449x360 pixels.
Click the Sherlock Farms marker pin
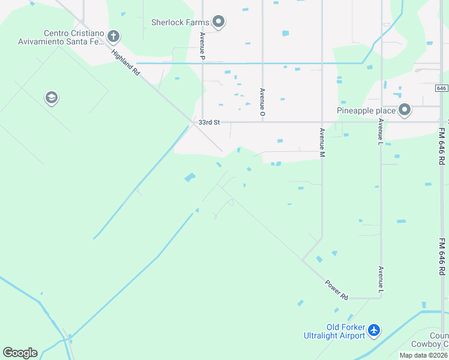[218, 23]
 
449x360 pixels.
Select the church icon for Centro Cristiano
[113, 37]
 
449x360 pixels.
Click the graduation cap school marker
[52, 98]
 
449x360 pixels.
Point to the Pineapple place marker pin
[405, 110]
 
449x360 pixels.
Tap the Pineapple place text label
[366, 110]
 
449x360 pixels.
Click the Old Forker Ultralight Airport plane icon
[374, 330]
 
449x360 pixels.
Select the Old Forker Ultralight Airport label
[345, 331]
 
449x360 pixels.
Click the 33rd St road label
[209, 122]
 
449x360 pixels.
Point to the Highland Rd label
[125, 62]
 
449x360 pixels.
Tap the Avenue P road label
[202, 45]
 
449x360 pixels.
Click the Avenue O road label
[262, 102]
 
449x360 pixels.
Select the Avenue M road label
[322, 143]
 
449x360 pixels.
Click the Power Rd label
[336, 289]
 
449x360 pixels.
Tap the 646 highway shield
[441, 88]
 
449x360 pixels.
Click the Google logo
[20, 353]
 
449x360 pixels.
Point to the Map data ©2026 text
[423, 355]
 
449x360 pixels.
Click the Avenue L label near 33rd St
[381, 131]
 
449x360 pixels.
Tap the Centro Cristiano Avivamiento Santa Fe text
[74, 37]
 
